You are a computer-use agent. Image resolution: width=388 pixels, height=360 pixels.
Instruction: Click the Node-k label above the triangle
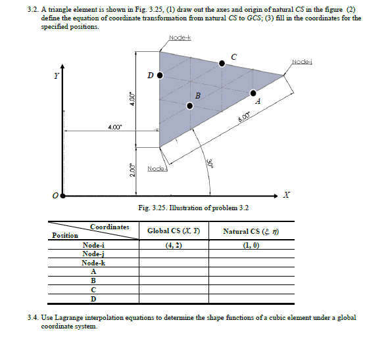tap(180, 38)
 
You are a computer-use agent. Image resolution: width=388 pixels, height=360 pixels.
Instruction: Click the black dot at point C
tap(222, 62)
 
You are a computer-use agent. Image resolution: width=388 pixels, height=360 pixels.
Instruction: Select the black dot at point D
tap(159, 75)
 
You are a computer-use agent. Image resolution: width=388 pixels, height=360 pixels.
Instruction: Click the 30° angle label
tap(210, 163)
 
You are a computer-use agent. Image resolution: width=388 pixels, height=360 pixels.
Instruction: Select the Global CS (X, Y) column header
tap(173, 231)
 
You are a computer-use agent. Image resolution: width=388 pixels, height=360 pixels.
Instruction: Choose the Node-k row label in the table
tap(93, 262)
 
